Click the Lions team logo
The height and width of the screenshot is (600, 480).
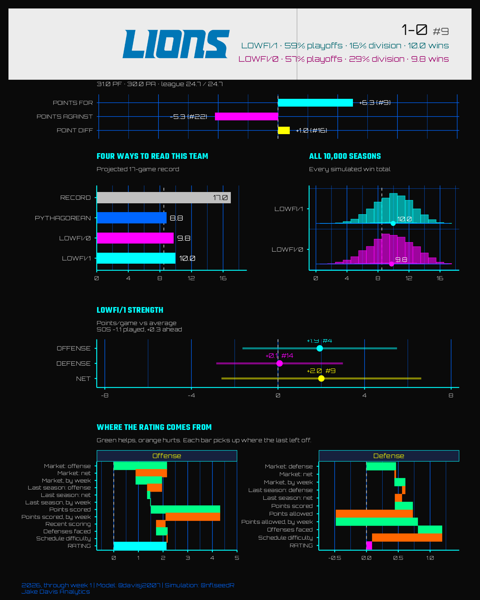click(x=176, y=44)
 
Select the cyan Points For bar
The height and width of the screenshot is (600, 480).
click(x=315, y=103)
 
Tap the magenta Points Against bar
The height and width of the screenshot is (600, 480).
click(x=246, y=116)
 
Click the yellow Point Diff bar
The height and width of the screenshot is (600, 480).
click(x=284, y=130)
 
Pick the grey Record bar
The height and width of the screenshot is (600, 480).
click(x=164, y=198)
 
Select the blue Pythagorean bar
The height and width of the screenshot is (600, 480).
click(x=132, y=218)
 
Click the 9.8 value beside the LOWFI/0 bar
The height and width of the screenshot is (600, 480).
click(x=184, y=238)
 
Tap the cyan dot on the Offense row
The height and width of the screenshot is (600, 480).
click(x=320, y=348)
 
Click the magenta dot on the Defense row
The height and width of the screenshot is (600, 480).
click(x=280, y=363)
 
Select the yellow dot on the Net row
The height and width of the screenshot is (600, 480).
click(x=321, y=378)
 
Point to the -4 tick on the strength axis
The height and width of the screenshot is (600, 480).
click(x=191, y=395)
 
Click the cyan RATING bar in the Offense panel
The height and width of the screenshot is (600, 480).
click(x=140, y=546)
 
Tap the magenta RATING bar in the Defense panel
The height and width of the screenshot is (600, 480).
click(x=369, y=546)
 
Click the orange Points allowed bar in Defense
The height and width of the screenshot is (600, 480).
click(x=374, y=514)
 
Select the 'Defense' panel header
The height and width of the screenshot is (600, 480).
click(x=389, y=456)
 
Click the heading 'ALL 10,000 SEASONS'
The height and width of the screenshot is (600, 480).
click(x=345, y=156)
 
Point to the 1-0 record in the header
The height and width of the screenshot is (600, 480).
click(x=414, y=30)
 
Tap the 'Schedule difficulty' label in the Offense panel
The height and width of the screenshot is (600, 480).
click(x=64, y=539)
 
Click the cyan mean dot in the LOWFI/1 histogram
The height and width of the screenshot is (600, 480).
click(x=393, y=223)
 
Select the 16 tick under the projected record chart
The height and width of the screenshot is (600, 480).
click(x=223, y=278)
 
